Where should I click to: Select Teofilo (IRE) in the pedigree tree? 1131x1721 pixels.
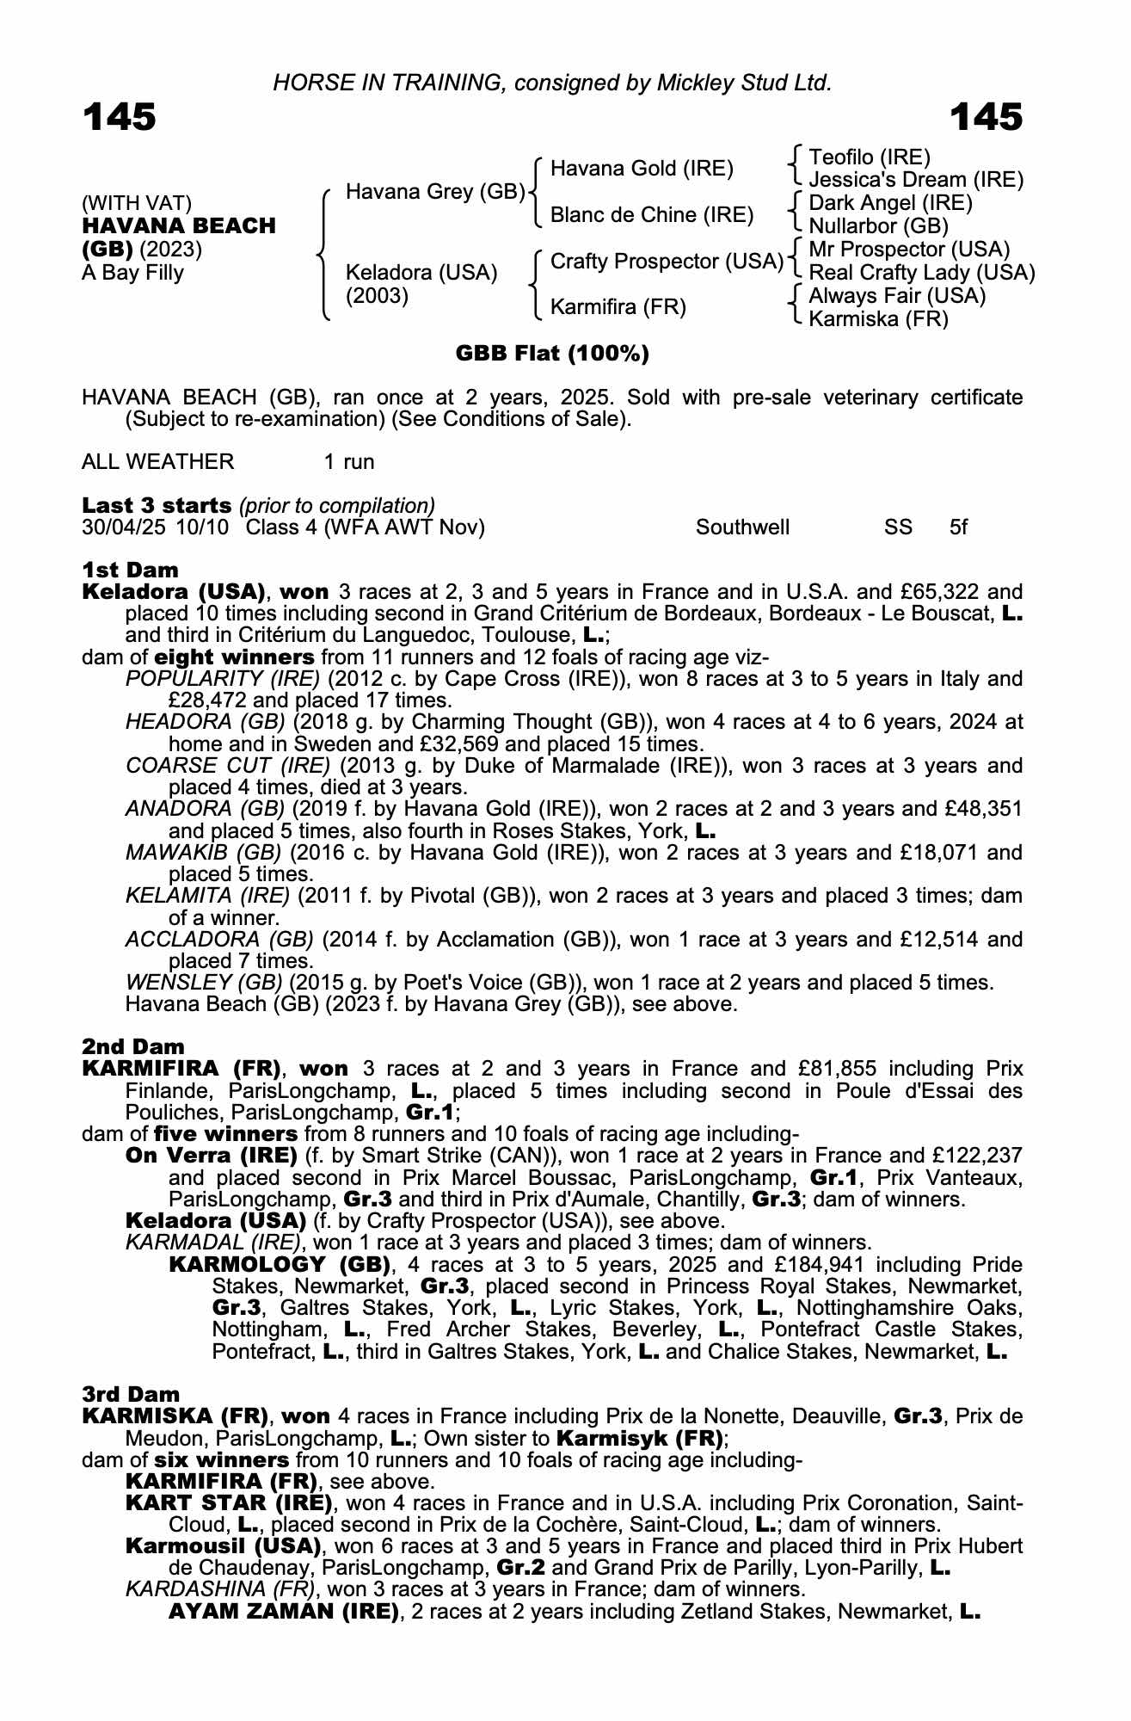(870, 157)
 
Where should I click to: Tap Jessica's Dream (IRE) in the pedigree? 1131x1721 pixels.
(916, 180)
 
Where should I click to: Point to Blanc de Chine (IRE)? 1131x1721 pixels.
(651, 215)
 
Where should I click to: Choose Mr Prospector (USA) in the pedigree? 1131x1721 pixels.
(909, 250)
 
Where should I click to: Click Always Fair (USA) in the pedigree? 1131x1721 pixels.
(897, 296)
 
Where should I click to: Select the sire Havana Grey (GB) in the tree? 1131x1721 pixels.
(435, 191)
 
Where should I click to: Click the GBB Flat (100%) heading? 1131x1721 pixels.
(552, 354)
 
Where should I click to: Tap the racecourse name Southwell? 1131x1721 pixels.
(742, 527)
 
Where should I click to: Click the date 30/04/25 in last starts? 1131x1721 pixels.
(123, 527)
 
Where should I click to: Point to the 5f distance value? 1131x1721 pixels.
(958, 527)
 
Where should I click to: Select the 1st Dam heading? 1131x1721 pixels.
(131, 570)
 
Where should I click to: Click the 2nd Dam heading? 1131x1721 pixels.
(133, 1046)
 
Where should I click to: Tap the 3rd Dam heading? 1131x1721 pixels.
(132, 1394)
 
